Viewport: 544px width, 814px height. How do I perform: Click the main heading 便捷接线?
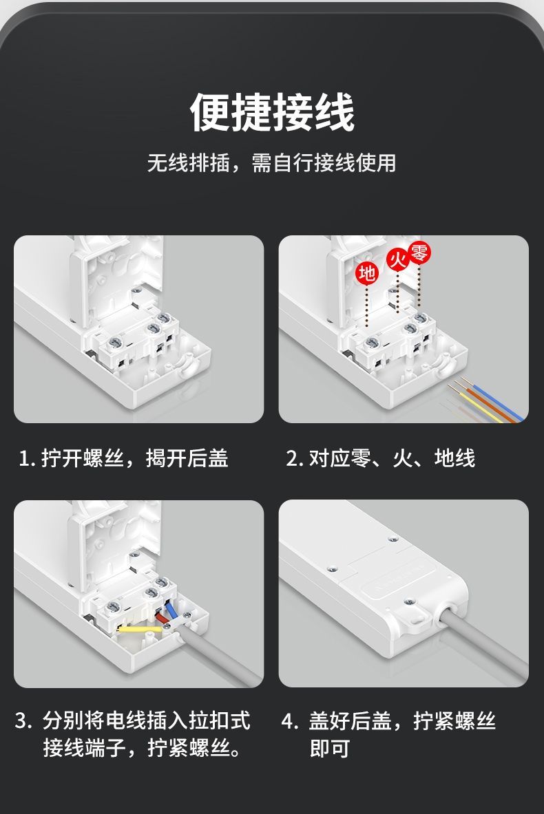click(272, 112)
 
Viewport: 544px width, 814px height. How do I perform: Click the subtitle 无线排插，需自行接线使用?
click(272, 163)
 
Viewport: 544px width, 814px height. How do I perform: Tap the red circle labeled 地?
click(367, 272)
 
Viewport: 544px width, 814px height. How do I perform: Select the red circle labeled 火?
click(398, 259)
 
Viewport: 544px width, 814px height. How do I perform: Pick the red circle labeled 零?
click(419, 253)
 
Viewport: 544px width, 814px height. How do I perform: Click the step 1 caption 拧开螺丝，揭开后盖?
click(134, 458)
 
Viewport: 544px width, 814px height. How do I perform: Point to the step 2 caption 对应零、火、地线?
click(392, 458)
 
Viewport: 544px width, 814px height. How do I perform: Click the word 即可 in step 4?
click(329, 749)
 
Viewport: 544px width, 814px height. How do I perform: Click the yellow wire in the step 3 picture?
click(140, 629)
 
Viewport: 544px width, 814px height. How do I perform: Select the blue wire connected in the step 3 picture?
click(170, 610)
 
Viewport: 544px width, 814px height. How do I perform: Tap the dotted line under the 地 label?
click(367, 306)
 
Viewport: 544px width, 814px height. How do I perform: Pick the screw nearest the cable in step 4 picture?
click(410, 602)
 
